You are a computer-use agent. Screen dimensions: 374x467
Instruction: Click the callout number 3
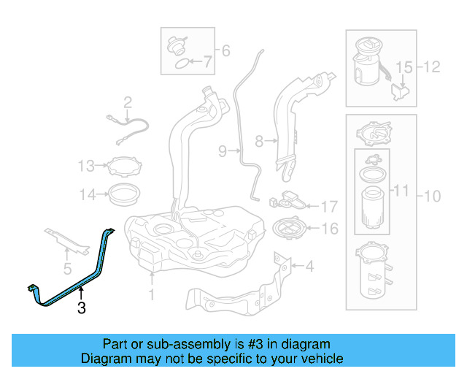(81, 309)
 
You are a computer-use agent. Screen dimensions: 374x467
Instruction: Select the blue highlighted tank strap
(73, 281)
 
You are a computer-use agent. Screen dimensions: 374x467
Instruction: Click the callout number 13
(87, 165)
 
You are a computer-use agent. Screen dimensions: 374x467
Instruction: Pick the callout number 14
(87, 194)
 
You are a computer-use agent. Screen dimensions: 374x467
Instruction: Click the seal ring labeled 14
(124, 194)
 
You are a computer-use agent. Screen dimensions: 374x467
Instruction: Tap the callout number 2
(127, 102)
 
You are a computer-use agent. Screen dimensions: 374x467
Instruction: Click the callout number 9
(223, 151)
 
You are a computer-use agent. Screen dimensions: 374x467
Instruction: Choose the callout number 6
(225, 50)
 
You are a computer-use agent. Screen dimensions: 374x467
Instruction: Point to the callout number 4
(309, 267)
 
